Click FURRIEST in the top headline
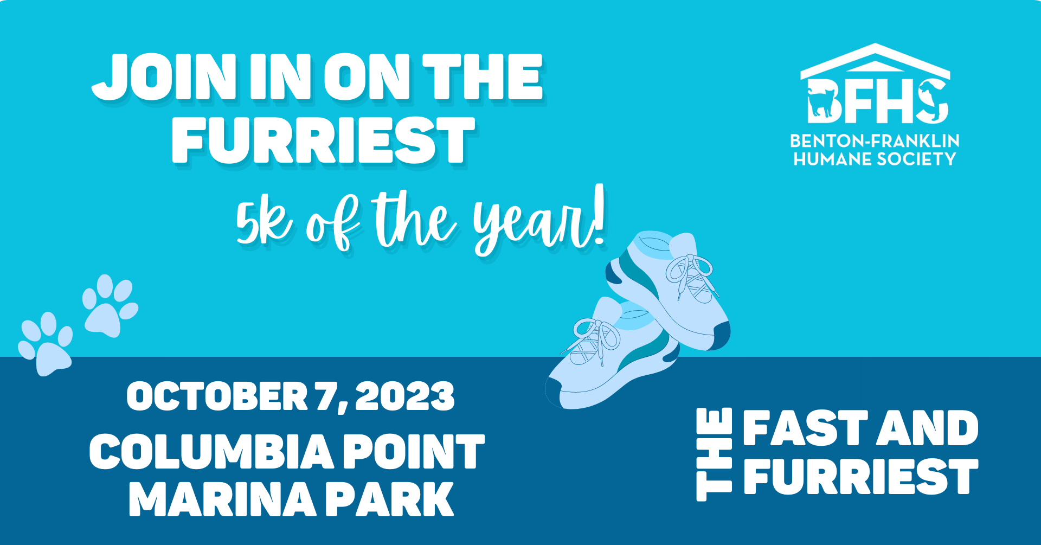click(x=323, y=140)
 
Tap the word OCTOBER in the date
click(x=217, y=396)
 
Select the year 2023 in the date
click(x=405, y=396)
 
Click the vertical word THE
click(x=714, y=454)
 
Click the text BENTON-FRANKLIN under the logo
click(x=875, y=141)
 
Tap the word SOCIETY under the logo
click(x=916, y=159)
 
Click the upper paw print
click(x=110, y=305)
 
